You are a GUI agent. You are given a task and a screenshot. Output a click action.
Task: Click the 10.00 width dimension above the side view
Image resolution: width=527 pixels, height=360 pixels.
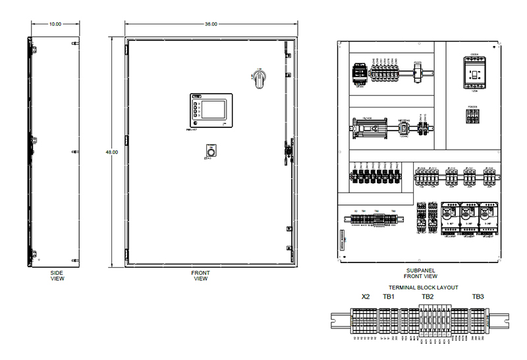(55, 24)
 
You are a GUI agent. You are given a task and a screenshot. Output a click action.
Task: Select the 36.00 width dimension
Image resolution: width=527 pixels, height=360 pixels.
(211, 24)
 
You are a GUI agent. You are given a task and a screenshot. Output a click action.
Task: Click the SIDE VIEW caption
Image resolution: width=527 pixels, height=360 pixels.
(57, 275)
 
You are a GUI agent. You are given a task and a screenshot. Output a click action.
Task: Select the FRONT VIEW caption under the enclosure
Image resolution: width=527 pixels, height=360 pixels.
(201, 275)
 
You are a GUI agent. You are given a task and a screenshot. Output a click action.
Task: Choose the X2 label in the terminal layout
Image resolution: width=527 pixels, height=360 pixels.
(366, 297)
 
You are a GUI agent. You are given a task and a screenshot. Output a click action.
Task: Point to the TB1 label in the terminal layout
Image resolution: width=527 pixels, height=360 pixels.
(389, 297)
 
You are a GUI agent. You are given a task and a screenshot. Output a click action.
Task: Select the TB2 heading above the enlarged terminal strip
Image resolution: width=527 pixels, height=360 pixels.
(428, 297)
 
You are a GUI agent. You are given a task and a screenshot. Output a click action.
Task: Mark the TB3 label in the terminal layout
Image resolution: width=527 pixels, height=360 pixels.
(478, 297)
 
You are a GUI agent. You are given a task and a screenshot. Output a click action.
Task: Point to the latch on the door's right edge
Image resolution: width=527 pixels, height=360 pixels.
(288, 150)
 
